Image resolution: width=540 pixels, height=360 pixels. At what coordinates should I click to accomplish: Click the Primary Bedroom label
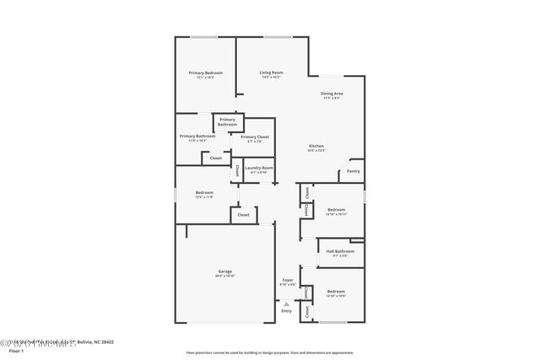(x=205, y=73)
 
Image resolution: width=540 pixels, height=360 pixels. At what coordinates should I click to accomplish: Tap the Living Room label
(x=271, y=73)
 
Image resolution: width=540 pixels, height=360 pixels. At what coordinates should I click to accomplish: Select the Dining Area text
(x=331, y=94)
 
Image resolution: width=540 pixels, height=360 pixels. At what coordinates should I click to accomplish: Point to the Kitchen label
(x=316, y=147)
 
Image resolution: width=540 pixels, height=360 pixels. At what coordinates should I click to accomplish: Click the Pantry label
(x=353, y=171)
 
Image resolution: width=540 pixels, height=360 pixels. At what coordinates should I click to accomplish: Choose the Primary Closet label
(x=255, y=137)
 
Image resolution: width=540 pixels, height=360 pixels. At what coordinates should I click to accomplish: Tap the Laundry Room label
(x=259, y=168)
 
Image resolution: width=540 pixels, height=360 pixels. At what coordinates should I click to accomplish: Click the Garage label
(x=224, y=271)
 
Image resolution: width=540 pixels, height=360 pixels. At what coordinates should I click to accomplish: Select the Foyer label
(x=287, y=280)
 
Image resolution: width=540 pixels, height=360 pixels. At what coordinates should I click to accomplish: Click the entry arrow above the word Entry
(x=286, y=304)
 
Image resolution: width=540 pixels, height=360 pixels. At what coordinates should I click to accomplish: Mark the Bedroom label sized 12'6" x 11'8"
(x=204, y=193)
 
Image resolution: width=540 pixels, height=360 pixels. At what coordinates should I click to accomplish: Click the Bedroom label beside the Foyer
(x=336, y=292)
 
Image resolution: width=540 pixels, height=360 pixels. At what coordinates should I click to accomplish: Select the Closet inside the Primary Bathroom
(x=216, y=158)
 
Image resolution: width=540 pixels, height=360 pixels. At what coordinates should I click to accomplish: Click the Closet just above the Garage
(x=243, y=215)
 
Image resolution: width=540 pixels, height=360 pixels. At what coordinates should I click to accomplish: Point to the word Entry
(x=286, y=311)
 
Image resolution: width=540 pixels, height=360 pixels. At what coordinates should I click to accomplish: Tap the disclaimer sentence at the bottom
(x=270, y=352)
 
